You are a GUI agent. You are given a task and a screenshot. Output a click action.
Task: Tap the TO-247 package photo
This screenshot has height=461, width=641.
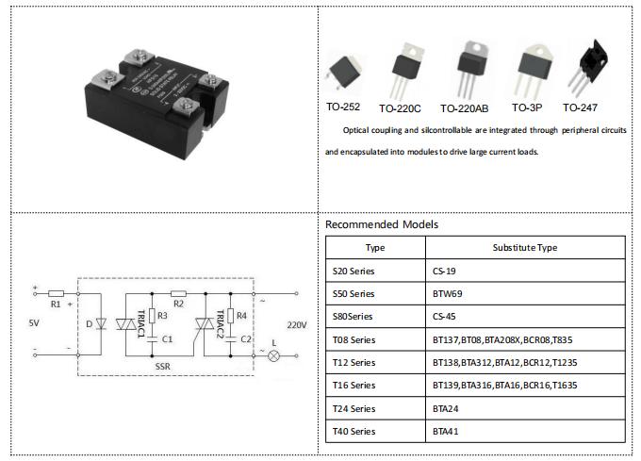point(591,68)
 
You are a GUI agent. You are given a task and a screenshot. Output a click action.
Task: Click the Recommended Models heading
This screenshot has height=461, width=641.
point(382,225)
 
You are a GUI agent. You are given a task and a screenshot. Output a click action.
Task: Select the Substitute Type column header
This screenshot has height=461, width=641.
point(524,248)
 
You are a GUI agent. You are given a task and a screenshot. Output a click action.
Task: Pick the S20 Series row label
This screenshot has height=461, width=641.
point(354,270)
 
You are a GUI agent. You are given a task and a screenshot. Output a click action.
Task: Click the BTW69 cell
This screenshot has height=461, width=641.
point(448,293)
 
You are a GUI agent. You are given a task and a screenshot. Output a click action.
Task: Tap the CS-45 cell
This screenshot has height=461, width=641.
point(444,316)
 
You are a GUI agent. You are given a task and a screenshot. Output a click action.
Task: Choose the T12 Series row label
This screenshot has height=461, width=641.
point(354,362)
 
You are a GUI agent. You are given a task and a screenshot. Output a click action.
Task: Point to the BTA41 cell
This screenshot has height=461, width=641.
point(444,431)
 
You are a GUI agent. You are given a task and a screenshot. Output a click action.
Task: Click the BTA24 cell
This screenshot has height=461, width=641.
point(444,408)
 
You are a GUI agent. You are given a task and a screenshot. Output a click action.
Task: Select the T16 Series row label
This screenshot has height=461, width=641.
point(354,385)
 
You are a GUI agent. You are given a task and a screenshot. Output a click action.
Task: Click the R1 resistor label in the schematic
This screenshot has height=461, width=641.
point(55,305)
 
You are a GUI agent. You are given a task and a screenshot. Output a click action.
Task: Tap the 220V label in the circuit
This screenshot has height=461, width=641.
point(297,324)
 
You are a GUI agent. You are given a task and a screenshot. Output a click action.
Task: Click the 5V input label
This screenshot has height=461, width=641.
point(35,323)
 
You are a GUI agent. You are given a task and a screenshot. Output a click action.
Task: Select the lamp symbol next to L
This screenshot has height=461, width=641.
point(274,356)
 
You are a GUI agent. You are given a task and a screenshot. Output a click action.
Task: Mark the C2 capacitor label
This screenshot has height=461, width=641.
point(246,338)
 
